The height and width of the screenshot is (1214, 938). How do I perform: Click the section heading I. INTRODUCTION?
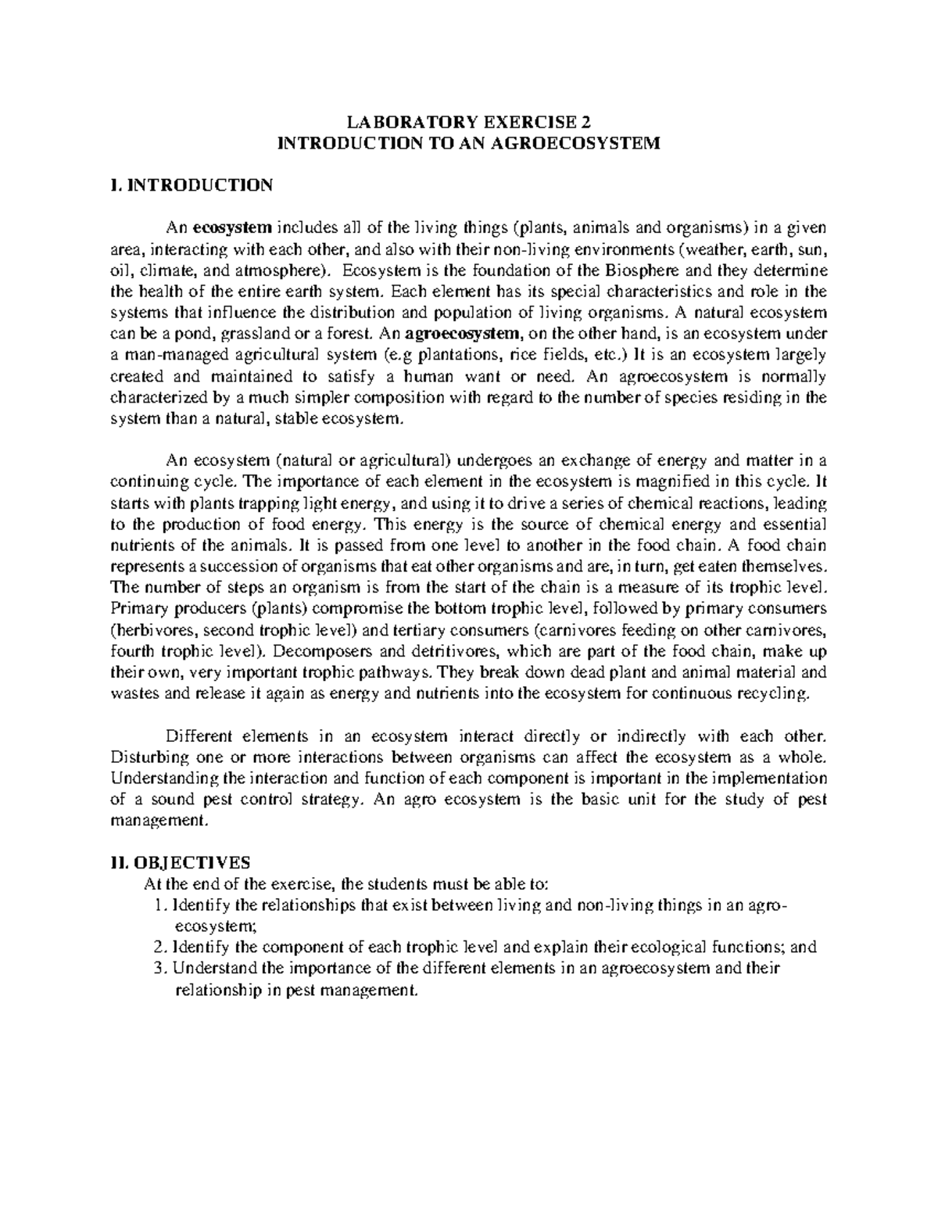[192, 185]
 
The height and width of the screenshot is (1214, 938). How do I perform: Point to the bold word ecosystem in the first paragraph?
[232, 228]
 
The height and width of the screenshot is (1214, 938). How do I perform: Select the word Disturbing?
[145, 757]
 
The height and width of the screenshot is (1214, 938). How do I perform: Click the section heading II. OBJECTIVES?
[181, 863]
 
